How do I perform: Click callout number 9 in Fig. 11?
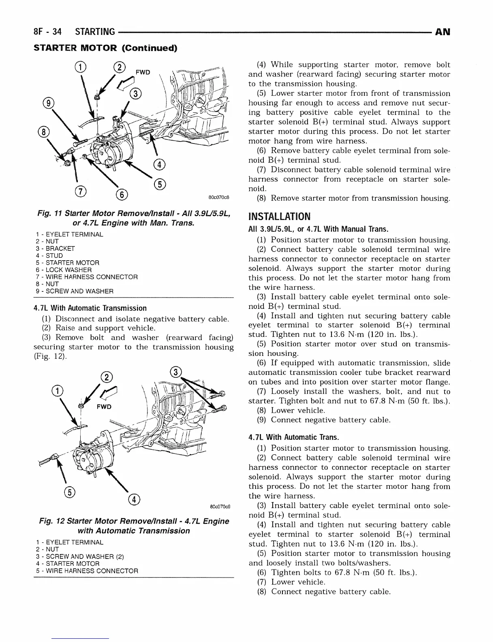click(49, 103)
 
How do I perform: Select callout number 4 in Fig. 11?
click(160, 164)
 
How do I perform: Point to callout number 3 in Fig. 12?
click(175, 372)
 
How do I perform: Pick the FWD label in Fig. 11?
click(143, 72)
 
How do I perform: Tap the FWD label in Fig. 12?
click(104, 407)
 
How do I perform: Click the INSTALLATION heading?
click(279, 216)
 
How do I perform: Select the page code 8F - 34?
click(49, 32)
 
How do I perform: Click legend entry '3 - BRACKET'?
click(55, 248)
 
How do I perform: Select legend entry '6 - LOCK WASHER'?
click(63, 270)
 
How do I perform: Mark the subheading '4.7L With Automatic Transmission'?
click(90, 308)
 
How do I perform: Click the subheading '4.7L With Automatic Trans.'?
click(293, 437)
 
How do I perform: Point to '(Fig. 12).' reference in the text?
click(50, 357)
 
